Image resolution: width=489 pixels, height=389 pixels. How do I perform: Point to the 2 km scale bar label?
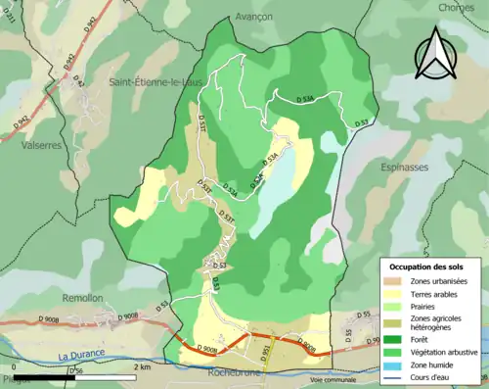tap(143, 367)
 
